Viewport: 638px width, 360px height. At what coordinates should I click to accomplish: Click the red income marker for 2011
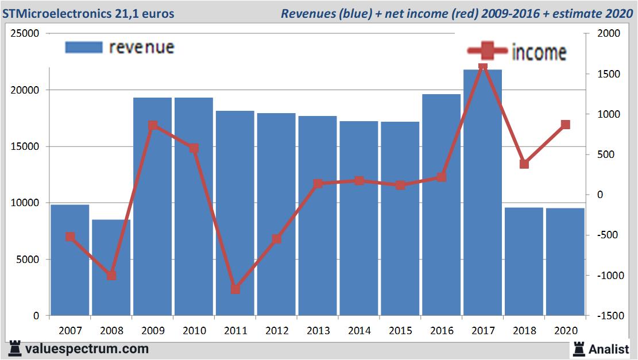pos(235,289)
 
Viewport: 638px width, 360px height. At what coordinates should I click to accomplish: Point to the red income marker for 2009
pos(153,126)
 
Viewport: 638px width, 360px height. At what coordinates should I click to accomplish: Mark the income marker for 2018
pos(524,164)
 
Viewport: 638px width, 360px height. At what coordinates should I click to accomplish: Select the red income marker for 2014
pos(359,181)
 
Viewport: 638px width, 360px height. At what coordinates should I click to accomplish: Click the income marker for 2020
pos(565,125)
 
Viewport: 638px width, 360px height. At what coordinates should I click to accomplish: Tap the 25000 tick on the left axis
pos(26,34)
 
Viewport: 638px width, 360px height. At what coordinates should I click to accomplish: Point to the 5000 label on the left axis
pos(29,260)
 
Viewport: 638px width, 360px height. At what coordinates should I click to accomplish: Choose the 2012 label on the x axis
pos(276,331)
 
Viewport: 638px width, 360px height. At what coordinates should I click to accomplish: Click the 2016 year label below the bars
pos(442,331)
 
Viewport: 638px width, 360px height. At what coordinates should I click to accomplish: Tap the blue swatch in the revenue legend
pos(84,47)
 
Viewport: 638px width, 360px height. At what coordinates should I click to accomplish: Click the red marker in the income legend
pos(487,51)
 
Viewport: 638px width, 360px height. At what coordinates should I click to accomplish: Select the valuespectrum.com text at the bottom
pos(87,349)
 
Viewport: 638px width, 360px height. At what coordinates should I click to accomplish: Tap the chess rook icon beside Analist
pos(578,349)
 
